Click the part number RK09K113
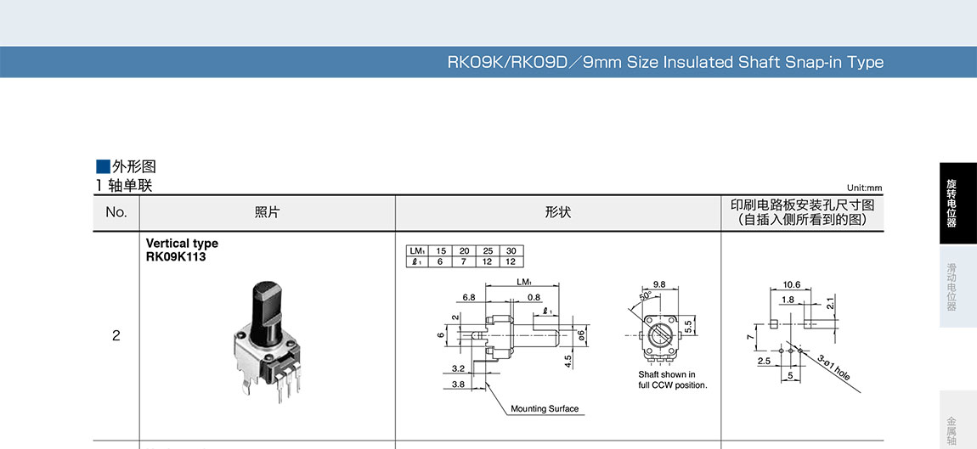point(176,257)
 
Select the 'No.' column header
point(116,212)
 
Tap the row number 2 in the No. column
point(116,335)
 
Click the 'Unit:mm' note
point(864,188)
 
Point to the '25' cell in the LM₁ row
point(488,251)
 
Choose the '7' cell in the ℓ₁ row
point(464,261)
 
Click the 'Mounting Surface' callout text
point(544,409)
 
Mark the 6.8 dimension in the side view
point(469,298)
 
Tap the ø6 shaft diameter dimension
point(582,335)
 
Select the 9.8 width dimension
point(660,284)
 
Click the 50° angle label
point(645,295)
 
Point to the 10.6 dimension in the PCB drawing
point(792,284)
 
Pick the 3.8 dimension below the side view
point(458,384)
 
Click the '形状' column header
point(557,212)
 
